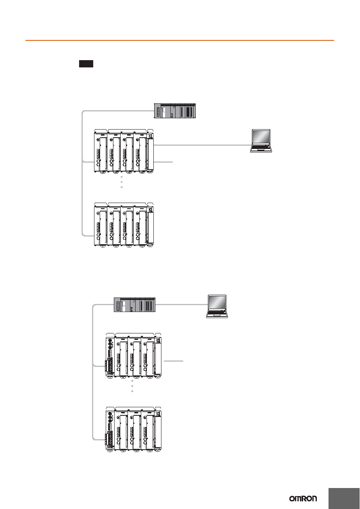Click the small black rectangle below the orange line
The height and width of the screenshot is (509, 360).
tap(86, 64)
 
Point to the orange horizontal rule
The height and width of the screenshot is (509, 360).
tap(180, 40)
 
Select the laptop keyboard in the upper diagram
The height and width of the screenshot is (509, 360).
tap(261, 149)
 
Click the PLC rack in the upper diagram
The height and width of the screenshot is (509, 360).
tap(175, 111)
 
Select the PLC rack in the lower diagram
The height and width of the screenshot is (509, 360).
tap(134, 305)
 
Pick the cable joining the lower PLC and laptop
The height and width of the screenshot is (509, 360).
tap(182, 304)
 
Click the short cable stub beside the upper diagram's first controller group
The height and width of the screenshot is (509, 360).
tap(163, 162)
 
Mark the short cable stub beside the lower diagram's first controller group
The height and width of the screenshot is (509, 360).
tap(174, 361)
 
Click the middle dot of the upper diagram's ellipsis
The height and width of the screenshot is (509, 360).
tap(122, 182)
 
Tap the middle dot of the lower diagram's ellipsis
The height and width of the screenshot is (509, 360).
tap(132, 386)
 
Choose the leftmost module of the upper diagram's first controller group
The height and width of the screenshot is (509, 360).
tap(100, 151)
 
